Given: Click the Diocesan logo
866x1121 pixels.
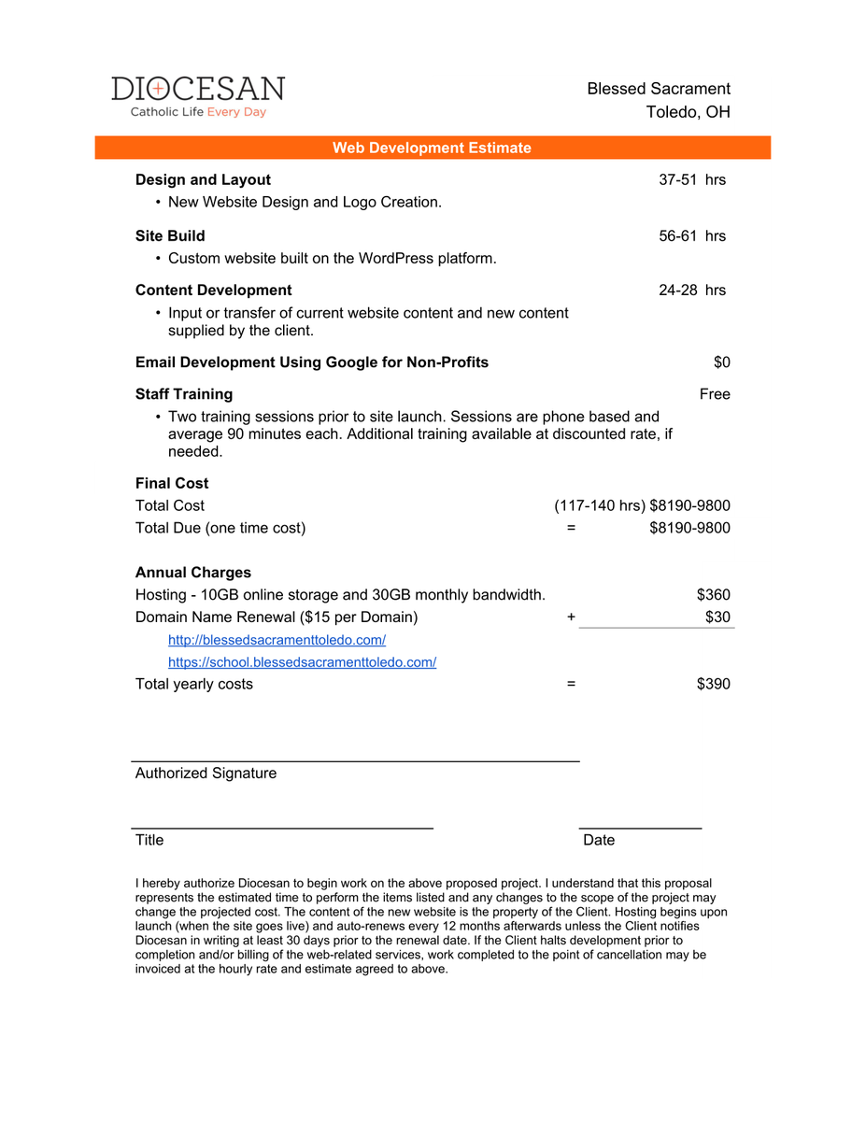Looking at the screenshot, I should [x=198, y=96].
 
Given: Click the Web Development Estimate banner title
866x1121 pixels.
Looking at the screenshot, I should [x=432, y=148].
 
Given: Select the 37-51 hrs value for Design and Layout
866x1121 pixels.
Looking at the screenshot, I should [x=691, y=179].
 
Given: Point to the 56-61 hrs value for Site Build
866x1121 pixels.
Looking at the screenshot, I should [x=691, y=235].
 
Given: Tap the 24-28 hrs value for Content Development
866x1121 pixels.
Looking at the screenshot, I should [x=691, y=291].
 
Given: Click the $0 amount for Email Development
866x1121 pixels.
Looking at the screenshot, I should [x=721, y=362].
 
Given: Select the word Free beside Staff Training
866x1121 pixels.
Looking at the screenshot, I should [x=715, y=394].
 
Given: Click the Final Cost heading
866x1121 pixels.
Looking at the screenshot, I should [x=172, y=483].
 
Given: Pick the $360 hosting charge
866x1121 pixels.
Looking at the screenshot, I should [x=713, y=595].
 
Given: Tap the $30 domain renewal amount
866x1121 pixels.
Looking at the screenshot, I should [x=717, y=617].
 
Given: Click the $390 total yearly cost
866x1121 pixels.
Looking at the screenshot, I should [x=713, y=684].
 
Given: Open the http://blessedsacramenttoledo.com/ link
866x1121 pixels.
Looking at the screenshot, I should [x=277, y=640].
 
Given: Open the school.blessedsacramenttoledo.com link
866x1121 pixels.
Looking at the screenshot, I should [x=302, y=662].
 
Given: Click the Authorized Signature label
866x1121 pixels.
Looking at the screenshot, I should [x=206, y=773].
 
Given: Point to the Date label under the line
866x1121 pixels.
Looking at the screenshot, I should [x=599, y=840].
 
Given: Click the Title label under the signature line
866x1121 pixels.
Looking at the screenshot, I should [x=149, y=840].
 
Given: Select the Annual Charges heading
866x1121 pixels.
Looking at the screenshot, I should [x=193, y=573].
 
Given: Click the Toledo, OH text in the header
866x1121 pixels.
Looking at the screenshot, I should [x=688, y=112].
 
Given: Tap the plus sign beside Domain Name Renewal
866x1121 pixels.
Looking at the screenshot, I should [x=571, y=617].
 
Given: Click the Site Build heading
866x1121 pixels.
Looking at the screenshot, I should [x=170, y=235].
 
